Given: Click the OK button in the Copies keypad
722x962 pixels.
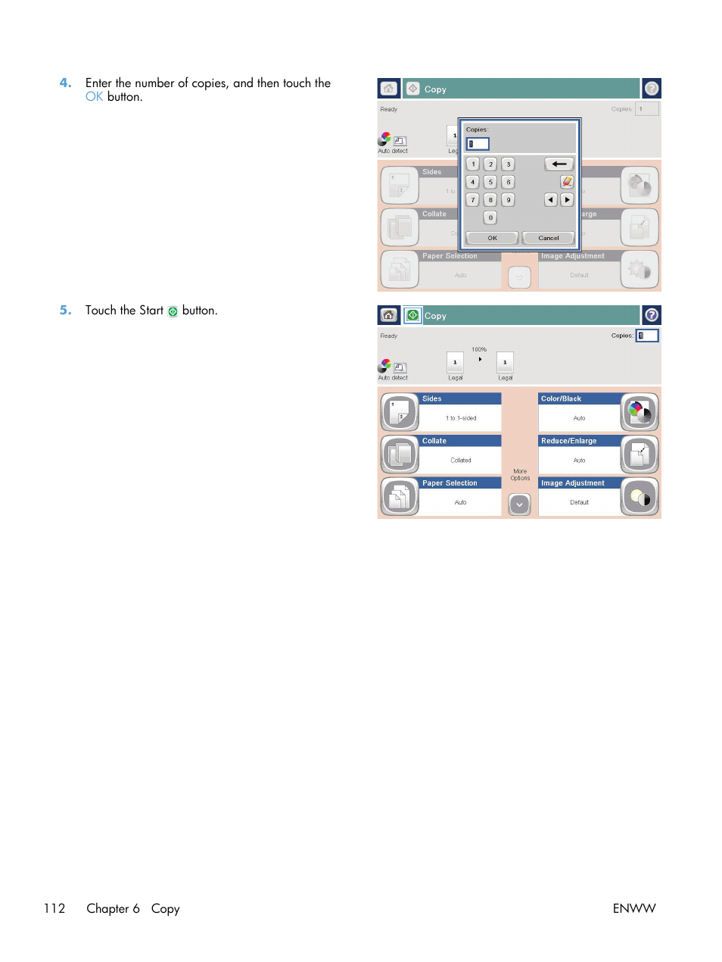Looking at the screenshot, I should (x=492, y=238).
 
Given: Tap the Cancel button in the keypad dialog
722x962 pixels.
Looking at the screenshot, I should (x=548, y=238).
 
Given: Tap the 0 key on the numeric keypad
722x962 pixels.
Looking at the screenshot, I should (x=490, y=217).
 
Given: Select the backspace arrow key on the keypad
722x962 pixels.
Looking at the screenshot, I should (x=559, y=164).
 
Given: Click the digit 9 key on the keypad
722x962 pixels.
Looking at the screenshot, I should (x=509, y=200).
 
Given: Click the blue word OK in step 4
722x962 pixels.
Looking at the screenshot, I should (x=94, y=97).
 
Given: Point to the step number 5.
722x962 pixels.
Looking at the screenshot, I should (x=66, y=310).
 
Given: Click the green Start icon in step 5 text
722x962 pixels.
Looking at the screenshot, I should (x=173, y=311).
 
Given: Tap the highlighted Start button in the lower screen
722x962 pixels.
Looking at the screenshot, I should (x=412, y=315).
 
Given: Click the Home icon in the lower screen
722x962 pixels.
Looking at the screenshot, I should (x=388, y=315).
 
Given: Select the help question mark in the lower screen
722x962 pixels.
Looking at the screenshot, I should (x=651, y=315).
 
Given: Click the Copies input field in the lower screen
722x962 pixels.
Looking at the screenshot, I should (x=647, y=336).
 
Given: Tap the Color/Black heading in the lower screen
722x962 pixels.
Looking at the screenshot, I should (x=562, y=398).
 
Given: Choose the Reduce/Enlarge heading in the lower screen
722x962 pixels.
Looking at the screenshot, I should (x=568, y=441).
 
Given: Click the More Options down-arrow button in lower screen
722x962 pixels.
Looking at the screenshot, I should (x=519, y=504).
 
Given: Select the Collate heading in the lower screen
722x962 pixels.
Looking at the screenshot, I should (x=434, y=441).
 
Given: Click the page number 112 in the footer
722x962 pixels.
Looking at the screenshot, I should (x=54, y=908).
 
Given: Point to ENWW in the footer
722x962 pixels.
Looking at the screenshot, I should (x=634, y=908).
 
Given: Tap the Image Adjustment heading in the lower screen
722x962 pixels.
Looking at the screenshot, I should (x=572, y=483).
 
